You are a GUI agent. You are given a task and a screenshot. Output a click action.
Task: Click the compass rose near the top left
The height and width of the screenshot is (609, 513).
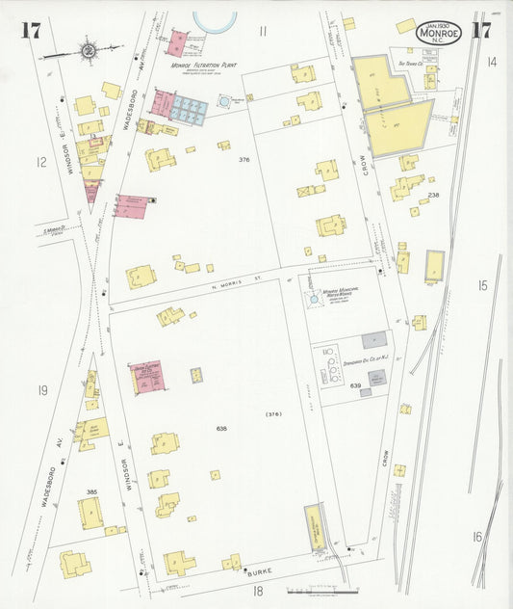point(88,49)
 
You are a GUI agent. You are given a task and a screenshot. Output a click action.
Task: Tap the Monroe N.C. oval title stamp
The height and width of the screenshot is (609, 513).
point(439,32)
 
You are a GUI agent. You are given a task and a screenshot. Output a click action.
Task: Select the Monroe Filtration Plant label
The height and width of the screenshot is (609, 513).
point(204,66)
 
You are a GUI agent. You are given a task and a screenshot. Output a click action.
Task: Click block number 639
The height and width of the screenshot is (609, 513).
point(355,385)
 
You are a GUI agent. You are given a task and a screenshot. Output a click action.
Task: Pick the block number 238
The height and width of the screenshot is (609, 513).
point(433,196)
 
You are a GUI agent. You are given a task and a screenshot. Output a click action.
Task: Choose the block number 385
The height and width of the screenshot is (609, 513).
point(91,492)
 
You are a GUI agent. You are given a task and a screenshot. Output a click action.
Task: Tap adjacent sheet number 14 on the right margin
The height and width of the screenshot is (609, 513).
point(491,62)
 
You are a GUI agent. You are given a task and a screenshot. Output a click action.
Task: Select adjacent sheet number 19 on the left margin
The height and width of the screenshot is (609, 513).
point(41,390)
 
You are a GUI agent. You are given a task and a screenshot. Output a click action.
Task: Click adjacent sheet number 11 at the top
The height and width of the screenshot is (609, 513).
point(262,31)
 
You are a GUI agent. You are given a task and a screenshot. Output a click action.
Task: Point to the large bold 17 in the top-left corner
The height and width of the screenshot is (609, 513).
point(31,30)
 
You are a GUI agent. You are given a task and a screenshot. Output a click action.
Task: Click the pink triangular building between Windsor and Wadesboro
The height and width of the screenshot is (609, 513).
point(92,190)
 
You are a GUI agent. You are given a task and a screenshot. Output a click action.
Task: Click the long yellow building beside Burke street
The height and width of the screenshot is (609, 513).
point(314,528)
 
